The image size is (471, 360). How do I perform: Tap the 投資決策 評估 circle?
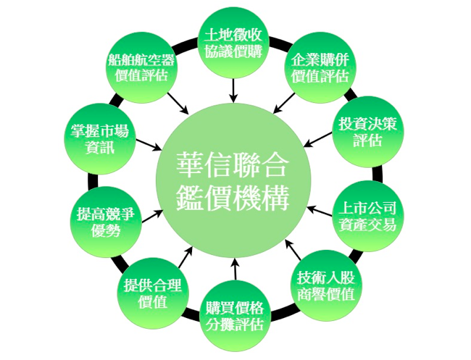[x=366, y=130]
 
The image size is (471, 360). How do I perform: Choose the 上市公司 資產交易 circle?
[x=366, y=216]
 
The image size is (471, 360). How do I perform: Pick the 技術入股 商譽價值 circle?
[x=326, y=285]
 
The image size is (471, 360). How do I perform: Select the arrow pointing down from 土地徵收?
[x=233, y=89]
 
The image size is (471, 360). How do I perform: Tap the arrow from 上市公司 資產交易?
[x=319, y=211]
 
